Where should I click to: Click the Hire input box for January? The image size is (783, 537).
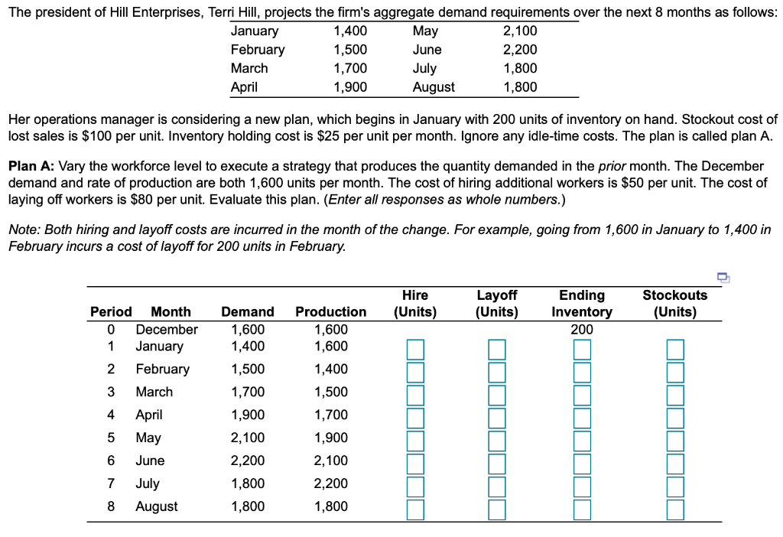[x=415, y=350]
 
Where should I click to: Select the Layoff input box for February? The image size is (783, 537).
[x=497, y=373]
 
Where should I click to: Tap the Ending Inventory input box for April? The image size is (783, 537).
[x=582, y=418]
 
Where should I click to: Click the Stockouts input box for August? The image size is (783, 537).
[x=674, y=509]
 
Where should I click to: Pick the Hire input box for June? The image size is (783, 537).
[x=415, y=464]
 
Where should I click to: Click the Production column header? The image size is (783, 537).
[x=330, y=311]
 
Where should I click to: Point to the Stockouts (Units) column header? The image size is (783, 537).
[x=674, y=303]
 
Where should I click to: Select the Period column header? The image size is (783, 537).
[x=111, y=311]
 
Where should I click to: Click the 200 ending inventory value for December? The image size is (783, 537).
[x=582, y=330]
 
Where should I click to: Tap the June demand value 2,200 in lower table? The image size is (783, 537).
[x=248, y=461]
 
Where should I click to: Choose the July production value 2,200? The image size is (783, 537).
[x=330, y=483]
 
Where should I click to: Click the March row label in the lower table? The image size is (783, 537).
[x=154, y=392]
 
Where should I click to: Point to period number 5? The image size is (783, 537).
[x=111, y=438]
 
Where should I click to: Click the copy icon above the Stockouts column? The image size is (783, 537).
[x=723, y=278]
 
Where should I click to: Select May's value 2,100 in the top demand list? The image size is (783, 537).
[x=520, y=31]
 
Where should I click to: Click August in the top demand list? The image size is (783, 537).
[x=434, y=87]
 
